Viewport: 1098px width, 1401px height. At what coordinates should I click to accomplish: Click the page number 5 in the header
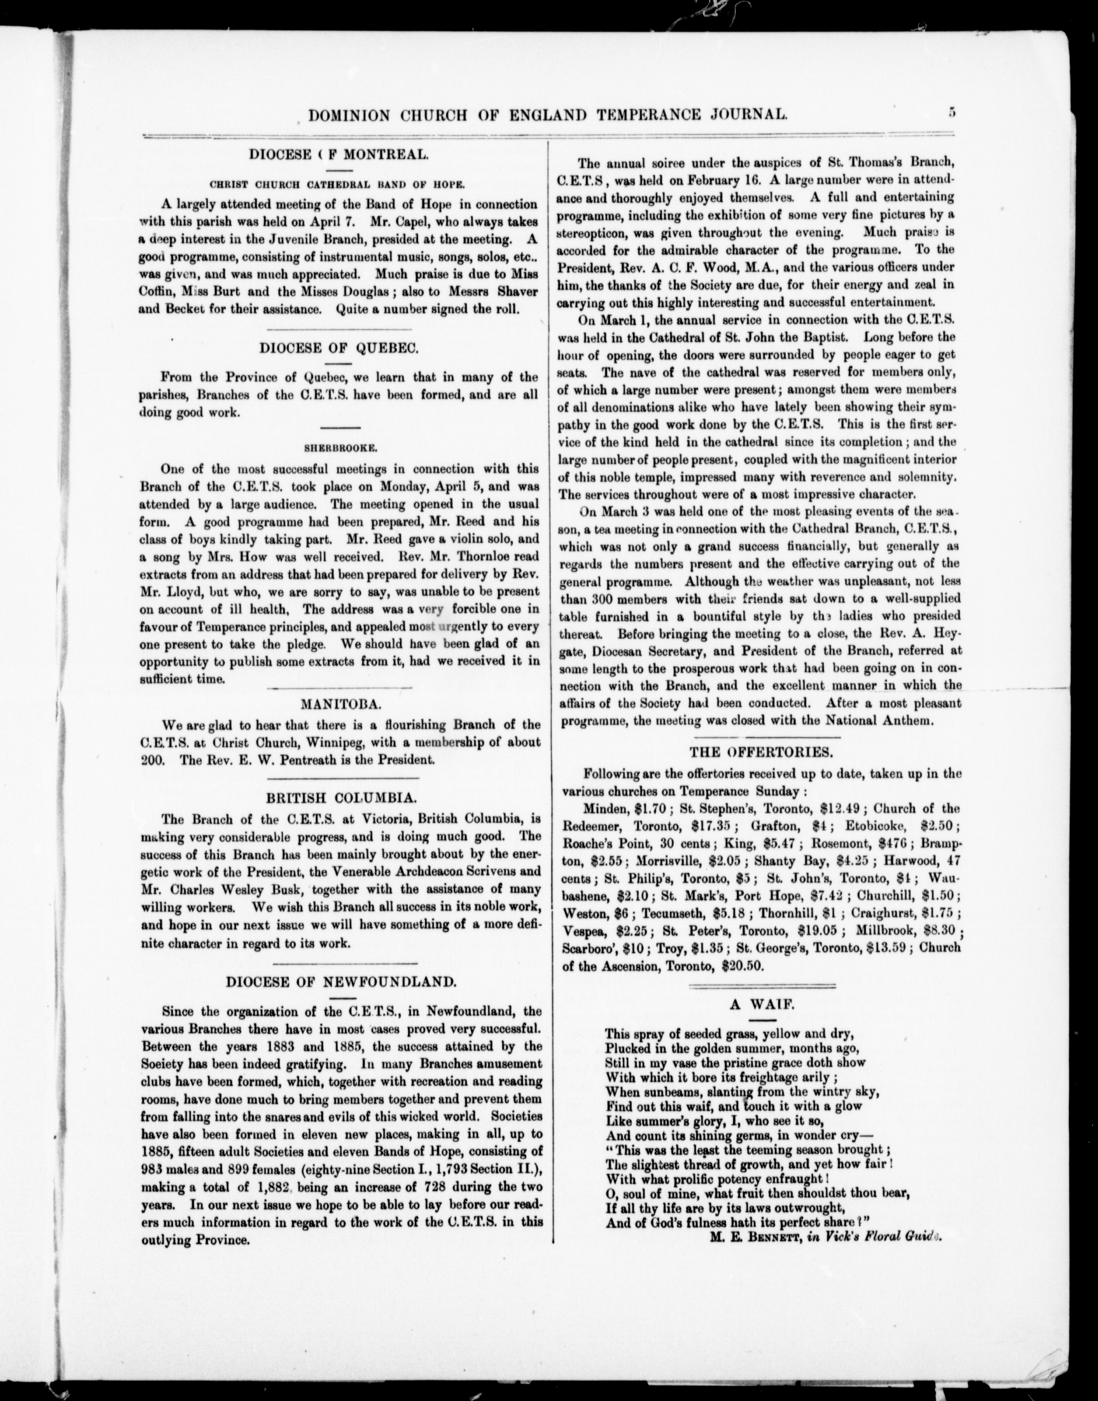(951, 113)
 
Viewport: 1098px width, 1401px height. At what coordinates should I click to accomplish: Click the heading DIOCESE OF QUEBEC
(339, 348)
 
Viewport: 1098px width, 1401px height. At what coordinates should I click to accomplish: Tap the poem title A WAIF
(762, 1005)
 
